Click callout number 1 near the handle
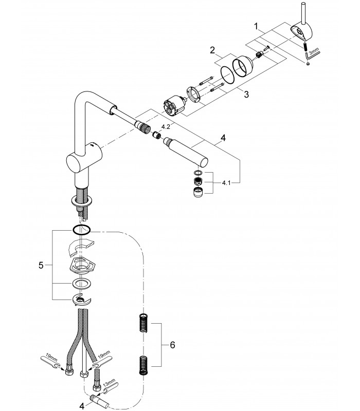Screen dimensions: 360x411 [257, 26]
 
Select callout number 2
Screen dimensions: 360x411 [212, 50]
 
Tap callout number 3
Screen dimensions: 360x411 [246, 94]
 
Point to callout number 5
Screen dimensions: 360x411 [41, 265]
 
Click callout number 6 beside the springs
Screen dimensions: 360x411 [172, 345]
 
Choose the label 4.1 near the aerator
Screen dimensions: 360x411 [226, 183]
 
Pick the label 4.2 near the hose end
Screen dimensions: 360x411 [166, 127]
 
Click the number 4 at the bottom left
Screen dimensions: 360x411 [82, 406]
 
